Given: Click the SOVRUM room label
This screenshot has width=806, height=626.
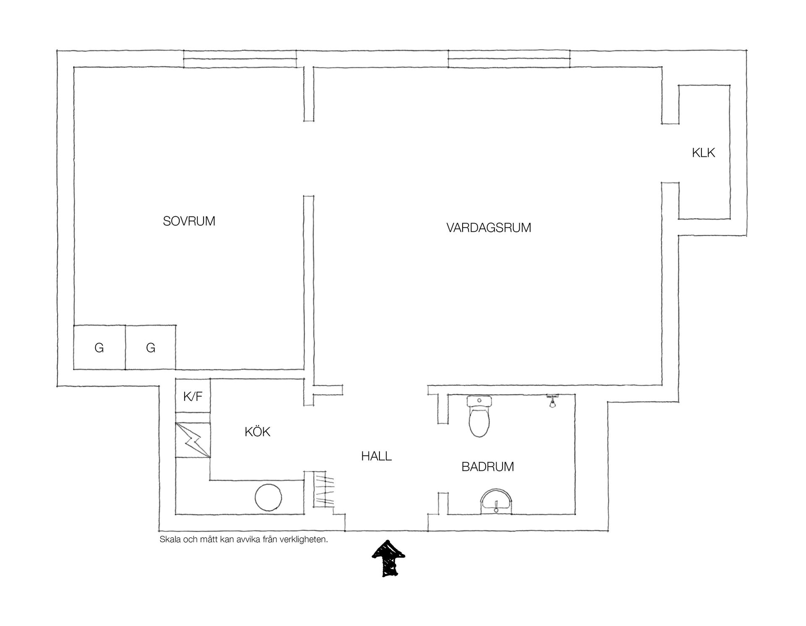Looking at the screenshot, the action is point(189,221).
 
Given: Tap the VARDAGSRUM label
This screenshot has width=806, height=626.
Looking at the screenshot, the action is point(489,228).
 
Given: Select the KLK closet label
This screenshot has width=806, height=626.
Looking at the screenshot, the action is point(704,153).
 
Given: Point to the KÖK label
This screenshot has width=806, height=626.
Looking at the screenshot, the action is point(257,431).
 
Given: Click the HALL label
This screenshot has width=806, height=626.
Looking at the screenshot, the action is point(377,456).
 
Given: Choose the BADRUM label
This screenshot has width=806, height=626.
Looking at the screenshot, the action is point(488,467).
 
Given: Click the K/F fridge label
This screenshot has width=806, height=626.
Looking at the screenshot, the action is point(193,396).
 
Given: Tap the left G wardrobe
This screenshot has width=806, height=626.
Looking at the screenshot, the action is point(99,347).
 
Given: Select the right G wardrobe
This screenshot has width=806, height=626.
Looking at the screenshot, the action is point(151,347).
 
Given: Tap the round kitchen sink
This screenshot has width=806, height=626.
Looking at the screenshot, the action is point(269,498).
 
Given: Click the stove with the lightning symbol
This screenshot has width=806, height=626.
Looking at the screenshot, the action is point(193,440).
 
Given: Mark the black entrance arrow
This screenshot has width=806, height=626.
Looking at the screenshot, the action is point(388,558).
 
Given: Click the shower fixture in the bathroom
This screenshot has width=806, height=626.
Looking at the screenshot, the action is point(553,400).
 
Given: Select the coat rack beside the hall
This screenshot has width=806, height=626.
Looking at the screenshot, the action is point(324,490).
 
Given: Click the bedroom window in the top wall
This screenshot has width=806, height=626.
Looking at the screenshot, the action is point(240,58).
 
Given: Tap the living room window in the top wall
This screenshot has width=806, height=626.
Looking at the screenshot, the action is point(509,58).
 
